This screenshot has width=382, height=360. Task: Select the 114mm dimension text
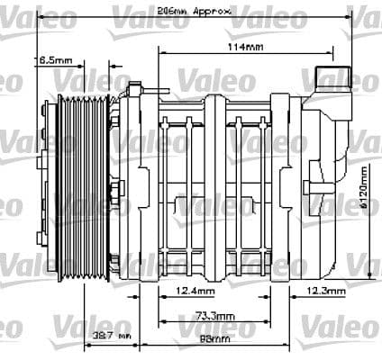[245, 45]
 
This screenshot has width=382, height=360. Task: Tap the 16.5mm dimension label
[55, 60]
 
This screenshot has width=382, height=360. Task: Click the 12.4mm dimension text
[196, 292]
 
